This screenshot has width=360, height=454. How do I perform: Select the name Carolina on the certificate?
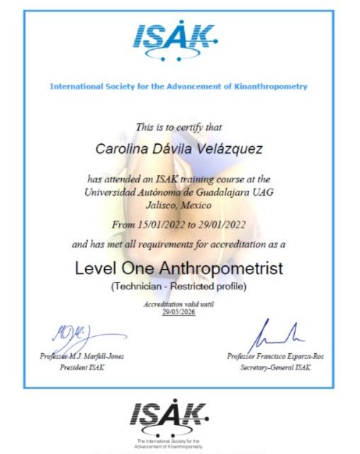pyautogui.click(x=121, y=149)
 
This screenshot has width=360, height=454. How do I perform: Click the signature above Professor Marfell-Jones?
pyautogui.click(x=75, y=335)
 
